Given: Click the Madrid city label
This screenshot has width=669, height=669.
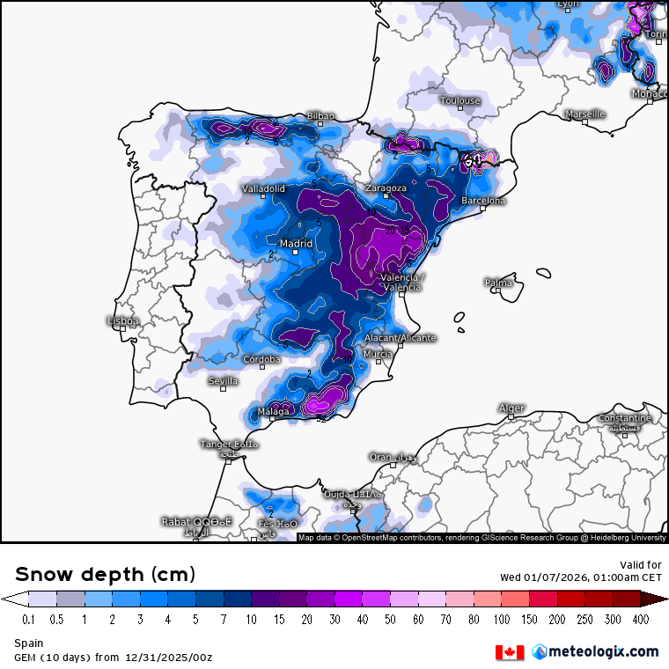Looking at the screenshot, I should pos(295,244).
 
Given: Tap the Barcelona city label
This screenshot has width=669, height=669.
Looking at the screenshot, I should pos(483,202).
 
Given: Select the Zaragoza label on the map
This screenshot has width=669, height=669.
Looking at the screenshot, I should pos(386,188).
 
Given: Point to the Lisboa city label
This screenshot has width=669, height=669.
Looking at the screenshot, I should pos(122,321).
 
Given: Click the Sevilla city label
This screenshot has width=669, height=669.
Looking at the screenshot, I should pos(223,381).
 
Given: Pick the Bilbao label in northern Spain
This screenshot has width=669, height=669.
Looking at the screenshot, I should pos(320,116).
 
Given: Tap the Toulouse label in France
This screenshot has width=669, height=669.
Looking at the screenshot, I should pos(460,101).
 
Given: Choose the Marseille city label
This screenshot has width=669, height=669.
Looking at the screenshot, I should pos(585,114).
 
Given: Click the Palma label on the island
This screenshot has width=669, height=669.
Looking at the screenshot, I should pos(498,283).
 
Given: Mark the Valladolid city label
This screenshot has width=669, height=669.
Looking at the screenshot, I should pos(263,189).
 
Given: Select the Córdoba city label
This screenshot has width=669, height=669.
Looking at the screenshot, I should pos(261,359).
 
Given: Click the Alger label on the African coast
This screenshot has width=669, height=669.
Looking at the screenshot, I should pos(511,408).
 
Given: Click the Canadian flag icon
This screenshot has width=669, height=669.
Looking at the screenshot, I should pos(510,652).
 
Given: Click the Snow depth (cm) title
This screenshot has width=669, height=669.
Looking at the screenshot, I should pos(105,575).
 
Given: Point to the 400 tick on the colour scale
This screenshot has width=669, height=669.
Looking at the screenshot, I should pos(641,621).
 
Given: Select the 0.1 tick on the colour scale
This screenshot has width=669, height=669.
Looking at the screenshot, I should pos(28,621).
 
